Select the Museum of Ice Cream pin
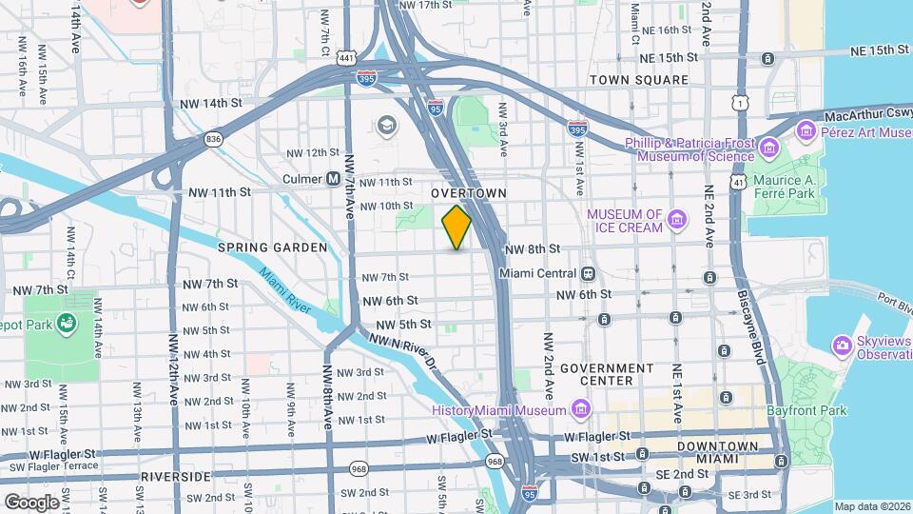point(676,221)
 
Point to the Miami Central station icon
point(589,274)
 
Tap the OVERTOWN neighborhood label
point(469,192)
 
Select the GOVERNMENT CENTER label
point(607,374)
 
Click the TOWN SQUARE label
point(638,80)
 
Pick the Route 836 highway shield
point(212,140)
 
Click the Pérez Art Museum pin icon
point(806,129)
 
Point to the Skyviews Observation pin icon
point(841,344)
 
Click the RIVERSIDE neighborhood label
point(175,475)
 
